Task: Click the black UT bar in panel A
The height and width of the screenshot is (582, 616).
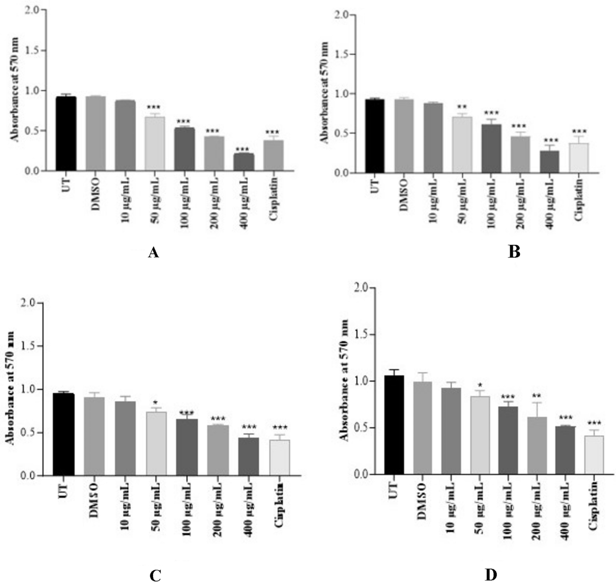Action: point(66,134)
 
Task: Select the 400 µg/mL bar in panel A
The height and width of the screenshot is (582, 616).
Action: point(244,162)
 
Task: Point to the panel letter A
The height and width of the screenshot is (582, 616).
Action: point(153,253)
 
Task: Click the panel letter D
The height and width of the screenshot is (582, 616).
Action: point(491,575)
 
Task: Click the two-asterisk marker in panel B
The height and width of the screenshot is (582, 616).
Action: point(462,108)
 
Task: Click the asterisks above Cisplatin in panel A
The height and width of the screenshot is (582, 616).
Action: point(273,133)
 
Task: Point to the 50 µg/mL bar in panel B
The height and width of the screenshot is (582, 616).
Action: point(462,145)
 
